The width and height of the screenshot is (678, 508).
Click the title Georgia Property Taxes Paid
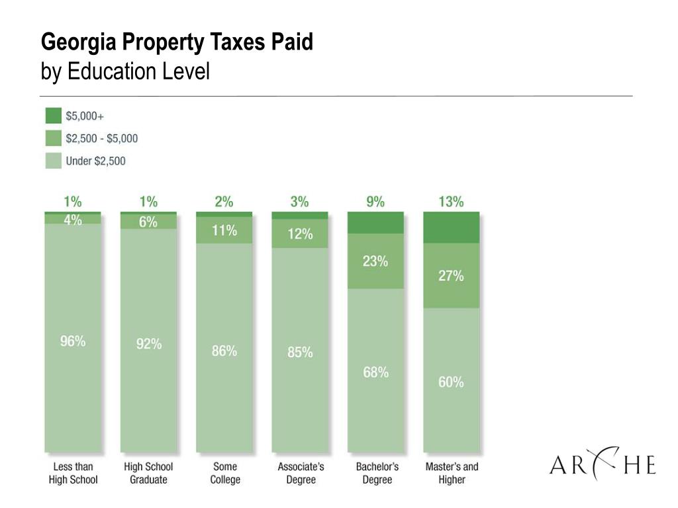177,43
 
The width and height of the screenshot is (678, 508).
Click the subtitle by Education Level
125,71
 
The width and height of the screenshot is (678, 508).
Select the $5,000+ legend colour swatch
53,116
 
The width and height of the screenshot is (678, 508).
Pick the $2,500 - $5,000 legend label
102,138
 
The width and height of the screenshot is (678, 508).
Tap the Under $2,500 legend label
95,161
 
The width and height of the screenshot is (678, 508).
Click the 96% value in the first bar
73,341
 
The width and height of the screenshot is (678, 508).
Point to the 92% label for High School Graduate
149,344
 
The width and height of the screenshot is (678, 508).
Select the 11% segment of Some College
224,231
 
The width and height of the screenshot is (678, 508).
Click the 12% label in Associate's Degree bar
300,233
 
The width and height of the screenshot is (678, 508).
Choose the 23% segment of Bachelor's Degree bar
375,261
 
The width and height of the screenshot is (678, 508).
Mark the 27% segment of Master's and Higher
451,276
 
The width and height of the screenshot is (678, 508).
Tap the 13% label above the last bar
451,202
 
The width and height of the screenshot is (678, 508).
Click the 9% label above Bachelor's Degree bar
375,202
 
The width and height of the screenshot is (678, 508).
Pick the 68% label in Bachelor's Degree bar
375,372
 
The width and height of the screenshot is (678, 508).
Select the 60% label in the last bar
451,382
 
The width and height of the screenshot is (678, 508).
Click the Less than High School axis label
73,473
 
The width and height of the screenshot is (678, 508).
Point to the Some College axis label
224,473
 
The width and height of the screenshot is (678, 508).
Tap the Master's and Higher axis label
452,473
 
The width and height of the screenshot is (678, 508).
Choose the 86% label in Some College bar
224,351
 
